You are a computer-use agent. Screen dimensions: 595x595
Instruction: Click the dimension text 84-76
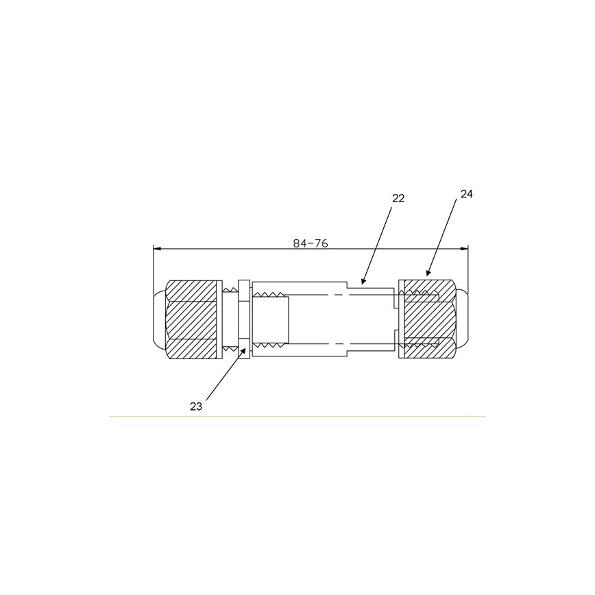pos(310,243)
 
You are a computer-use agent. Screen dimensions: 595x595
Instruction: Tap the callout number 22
pos(398,199)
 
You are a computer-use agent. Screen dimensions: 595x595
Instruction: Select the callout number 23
pos(196,406)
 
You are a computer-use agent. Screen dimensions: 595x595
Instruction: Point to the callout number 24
pos(467,194)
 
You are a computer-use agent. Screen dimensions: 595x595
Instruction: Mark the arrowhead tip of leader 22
pos(362,283)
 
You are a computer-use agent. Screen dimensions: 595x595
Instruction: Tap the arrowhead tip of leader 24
pos(427,276)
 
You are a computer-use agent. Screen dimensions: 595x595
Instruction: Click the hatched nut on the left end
pos(192,319)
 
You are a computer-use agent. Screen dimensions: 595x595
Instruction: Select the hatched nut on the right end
pos(428,319)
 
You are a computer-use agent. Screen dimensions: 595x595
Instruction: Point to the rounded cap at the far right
pos(463,319)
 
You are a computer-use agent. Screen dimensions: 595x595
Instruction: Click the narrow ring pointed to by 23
pos(243,319)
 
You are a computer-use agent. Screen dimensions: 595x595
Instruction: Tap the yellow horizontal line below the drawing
pos(297,416)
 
